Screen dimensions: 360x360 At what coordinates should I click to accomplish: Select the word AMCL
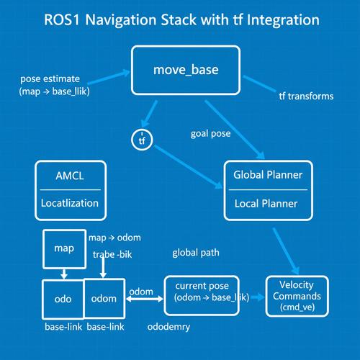(70, 176)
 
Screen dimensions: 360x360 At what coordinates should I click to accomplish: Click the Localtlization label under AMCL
(70, 203)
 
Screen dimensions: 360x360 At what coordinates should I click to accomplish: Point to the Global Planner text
(268, 175)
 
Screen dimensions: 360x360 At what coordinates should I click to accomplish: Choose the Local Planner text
(266, 204)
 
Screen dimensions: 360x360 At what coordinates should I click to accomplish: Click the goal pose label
(210, 134)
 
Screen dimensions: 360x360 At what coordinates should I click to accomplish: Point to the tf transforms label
(306, 96)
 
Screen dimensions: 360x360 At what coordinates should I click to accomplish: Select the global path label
(196, 253)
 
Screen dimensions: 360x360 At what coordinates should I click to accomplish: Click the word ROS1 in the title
(62, 19)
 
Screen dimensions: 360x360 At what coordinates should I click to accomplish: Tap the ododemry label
(168, 327)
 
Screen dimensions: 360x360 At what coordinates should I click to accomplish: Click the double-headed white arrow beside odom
(145, 299)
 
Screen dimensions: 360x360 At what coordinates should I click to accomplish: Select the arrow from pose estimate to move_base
(109, 77)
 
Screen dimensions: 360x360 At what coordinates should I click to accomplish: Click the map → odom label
(114, 238)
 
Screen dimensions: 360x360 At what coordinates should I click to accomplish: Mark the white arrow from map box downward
(64, 274)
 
